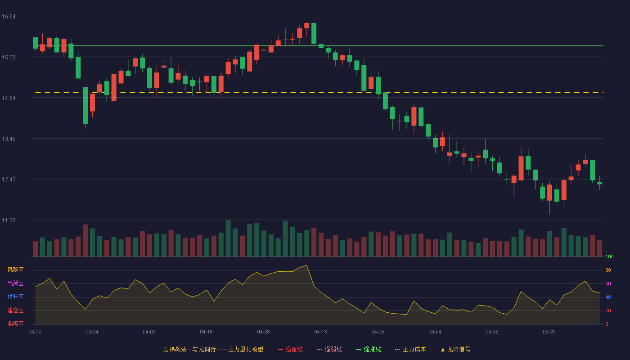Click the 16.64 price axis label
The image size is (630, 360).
pos(9,17)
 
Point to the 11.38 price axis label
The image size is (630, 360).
pos(9,220)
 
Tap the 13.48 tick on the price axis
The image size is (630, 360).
pos(9,139)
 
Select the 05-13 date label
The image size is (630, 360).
pos(320,332)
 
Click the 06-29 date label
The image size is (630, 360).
pos(549,332)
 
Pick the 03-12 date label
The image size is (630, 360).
pos(35,332)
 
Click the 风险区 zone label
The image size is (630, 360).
pos(15,270)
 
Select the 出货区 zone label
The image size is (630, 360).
pos(15,283)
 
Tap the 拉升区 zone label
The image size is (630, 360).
pos(15,297)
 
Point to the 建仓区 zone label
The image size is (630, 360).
pos(15,310)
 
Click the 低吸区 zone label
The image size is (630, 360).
pos(15,324)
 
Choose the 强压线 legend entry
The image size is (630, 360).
pos(290,349)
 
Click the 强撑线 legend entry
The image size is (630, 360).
pos(369,349)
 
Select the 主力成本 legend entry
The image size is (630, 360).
pos(410,349)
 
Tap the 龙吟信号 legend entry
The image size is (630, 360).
pos(455,349)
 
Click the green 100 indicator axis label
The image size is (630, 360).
pos(609,256)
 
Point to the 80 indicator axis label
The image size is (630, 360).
pos(608,270)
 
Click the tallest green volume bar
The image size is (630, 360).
pos(228,238)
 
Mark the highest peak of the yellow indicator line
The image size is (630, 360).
pos(306,265)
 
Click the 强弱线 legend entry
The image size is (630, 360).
pos(329,349)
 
